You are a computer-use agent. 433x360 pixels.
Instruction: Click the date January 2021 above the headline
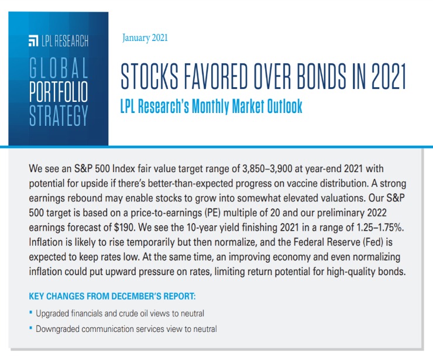145,38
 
